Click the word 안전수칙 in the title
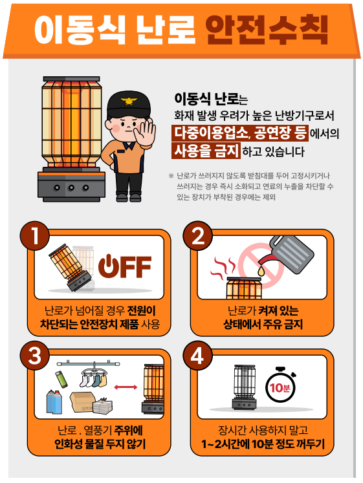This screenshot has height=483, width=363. pos(267,30)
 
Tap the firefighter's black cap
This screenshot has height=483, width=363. pos(129,105)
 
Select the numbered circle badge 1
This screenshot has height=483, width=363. pos(35,236)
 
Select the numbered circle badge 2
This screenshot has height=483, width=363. pos(198,236)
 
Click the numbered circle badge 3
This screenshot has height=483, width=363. pos(35,356)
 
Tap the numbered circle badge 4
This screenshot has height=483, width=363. pos(198,356)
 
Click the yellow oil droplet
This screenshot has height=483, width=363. pos(261,271)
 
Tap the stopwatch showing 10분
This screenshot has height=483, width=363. pos(280,385)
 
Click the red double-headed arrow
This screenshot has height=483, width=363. pos(126,387)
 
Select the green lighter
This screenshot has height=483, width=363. pos(61,379)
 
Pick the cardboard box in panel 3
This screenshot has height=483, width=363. pos(82,402)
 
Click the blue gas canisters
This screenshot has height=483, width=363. pos(54,402)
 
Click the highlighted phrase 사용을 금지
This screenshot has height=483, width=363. pos(206,151)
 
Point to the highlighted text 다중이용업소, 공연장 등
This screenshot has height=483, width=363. pos(240,133)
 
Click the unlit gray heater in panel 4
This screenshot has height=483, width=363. pos(244,387)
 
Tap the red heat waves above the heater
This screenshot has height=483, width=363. pos(223,266)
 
